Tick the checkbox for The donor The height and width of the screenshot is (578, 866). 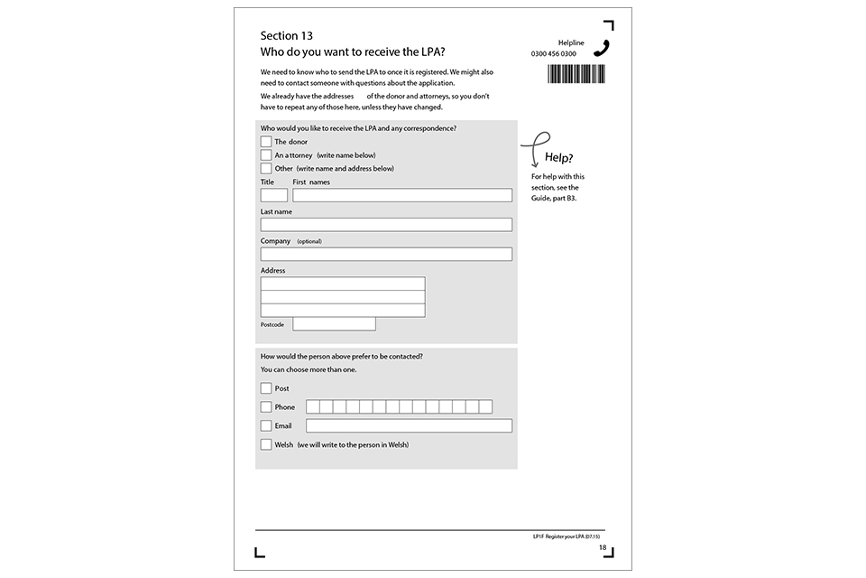[x=266, y=142]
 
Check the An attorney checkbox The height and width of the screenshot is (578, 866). [x=266, y=154]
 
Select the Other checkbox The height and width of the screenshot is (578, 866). [x=266, y=168]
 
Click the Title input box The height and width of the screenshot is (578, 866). [x=274, y=195]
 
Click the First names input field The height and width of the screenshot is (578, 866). [x=402, y=195]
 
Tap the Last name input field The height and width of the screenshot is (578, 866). [x=386, y=225]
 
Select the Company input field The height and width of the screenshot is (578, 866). [x=386, y=254]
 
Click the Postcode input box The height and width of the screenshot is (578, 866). [x=334, y=323]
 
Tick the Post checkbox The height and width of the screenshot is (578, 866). [x=266, y=388]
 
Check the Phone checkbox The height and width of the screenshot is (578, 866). [x=266, y=407]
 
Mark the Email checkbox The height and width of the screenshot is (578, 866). [x=266, y=425]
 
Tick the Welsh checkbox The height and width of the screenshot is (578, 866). [x=266, y=444]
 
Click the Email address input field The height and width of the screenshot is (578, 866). [x=409, y=425]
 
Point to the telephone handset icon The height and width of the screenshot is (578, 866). [x=602, y=48]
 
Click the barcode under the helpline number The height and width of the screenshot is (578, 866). [x=576, y=74]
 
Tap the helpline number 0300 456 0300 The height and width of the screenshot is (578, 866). [x=554, y=54]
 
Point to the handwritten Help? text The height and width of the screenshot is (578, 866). [x=559, y=158]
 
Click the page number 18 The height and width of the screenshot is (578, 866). [x=603, y=548]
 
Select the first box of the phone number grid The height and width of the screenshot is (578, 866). [x=313, y=407]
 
